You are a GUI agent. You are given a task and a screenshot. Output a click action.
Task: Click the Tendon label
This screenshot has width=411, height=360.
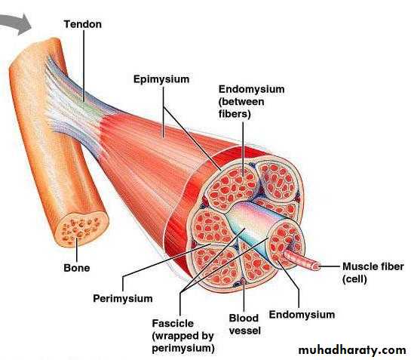click(82, 24)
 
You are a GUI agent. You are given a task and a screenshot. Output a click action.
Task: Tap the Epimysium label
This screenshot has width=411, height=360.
click(161, 79)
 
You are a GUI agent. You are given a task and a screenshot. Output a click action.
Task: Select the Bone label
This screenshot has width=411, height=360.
click(76, 268)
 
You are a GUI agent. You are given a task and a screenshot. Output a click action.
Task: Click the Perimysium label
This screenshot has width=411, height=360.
click(123, 299)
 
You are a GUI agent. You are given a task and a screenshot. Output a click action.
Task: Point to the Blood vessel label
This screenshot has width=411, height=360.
click(244, 325)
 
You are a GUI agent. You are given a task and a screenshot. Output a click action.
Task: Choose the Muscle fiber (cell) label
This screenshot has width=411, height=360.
click(373, 273)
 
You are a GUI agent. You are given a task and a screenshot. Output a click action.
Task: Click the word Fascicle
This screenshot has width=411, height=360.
click(173, 323)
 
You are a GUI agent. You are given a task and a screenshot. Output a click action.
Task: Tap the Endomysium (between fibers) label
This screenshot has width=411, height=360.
click(252, 102)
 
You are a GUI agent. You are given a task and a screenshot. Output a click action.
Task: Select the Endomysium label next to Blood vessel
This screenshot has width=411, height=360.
click(302, 315)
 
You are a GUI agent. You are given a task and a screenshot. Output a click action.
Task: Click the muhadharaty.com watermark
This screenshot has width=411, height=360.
click(352, 350)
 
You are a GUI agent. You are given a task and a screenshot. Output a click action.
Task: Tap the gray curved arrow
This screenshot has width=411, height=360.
click(17, 24)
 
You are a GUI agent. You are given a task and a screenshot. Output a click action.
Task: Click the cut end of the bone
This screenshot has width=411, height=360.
click(81, 229)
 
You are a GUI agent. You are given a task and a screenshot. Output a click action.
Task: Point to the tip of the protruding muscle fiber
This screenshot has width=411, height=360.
click(315, 266)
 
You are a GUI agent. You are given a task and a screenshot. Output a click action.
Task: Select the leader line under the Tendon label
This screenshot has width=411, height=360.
click(84, 66)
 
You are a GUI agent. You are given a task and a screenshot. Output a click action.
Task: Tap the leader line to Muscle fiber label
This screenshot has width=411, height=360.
click(329, 266)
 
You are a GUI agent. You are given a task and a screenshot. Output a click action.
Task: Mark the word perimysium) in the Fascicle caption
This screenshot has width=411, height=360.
click(183, 348)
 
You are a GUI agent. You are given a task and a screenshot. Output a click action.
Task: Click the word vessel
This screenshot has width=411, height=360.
click(245, 331)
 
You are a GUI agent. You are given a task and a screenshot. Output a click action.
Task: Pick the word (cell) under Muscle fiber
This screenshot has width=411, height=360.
click(354, 279)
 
